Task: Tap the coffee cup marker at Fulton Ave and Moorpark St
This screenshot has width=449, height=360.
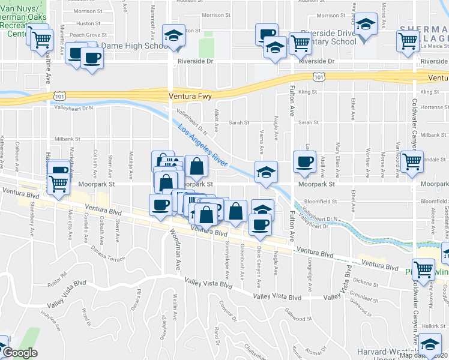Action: [x=304, y=161]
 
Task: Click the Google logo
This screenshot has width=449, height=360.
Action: [x=19, y=353]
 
